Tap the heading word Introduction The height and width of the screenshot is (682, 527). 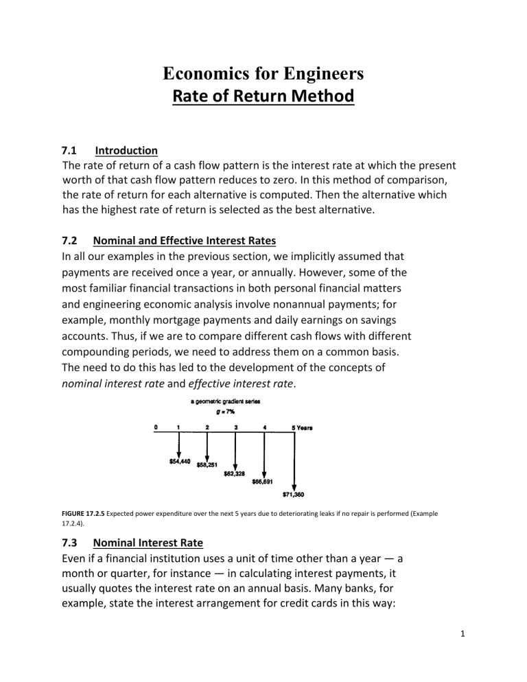[127, 150]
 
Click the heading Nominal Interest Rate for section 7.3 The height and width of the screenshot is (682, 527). [148, 543]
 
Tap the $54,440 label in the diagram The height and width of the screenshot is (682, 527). [180, 461]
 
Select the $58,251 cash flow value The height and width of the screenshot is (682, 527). [209, 465]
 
